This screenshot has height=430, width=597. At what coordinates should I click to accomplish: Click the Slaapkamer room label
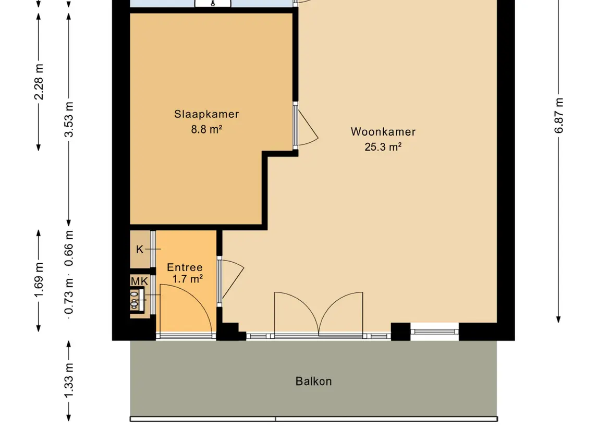[x=207, y=114]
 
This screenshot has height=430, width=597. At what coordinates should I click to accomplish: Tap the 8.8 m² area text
[x=207, y=129]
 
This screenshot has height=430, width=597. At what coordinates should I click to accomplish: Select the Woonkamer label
[x=383, y=132]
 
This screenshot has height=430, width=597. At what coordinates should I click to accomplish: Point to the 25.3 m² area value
[x=383, y=146]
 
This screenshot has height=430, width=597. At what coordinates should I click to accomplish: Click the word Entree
[x=185, y=267]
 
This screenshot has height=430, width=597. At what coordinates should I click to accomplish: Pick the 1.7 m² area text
[x=187, y=279]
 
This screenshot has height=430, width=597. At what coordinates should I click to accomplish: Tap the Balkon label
[x=314, y=382]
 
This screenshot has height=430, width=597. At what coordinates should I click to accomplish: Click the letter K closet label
[x=140, y=249]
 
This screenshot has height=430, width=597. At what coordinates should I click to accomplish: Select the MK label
[x=139, y=281]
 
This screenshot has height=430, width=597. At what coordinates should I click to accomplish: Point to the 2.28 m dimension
[x=39, y=82]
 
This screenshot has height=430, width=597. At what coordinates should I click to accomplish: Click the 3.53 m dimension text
[x=69, y=119]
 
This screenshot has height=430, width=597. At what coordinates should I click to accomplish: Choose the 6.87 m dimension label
[x=558, y=116]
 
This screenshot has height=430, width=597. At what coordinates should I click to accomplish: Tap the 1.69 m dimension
[x=39, y=280]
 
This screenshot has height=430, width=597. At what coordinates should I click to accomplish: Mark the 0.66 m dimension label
[x=69, y=248]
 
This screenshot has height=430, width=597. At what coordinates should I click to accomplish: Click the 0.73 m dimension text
[x=69, y=296]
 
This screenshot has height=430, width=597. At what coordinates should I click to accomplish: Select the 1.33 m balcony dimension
[x=69, y=380]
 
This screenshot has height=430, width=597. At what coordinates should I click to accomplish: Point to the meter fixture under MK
[x=137, y=300]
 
